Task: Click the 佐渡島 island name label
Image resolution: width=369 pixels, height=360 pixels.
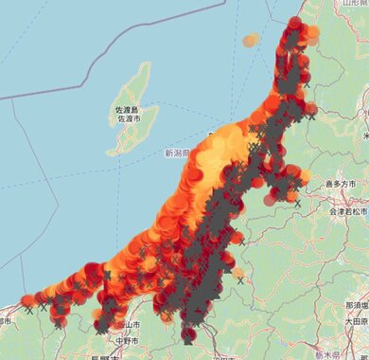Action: point(127,110)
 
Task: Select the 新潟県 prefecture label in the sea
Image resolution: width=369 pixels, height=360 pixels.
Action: point(177,153)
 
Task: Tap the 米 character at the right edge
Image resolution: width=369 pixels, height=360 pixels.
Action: point(364,137)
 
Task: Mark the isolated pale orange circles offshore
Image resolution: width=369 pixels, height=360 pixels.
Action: point(250,41)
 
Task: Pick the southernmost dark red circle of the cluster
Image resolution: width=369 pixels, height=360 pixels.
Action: point(188,334)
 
